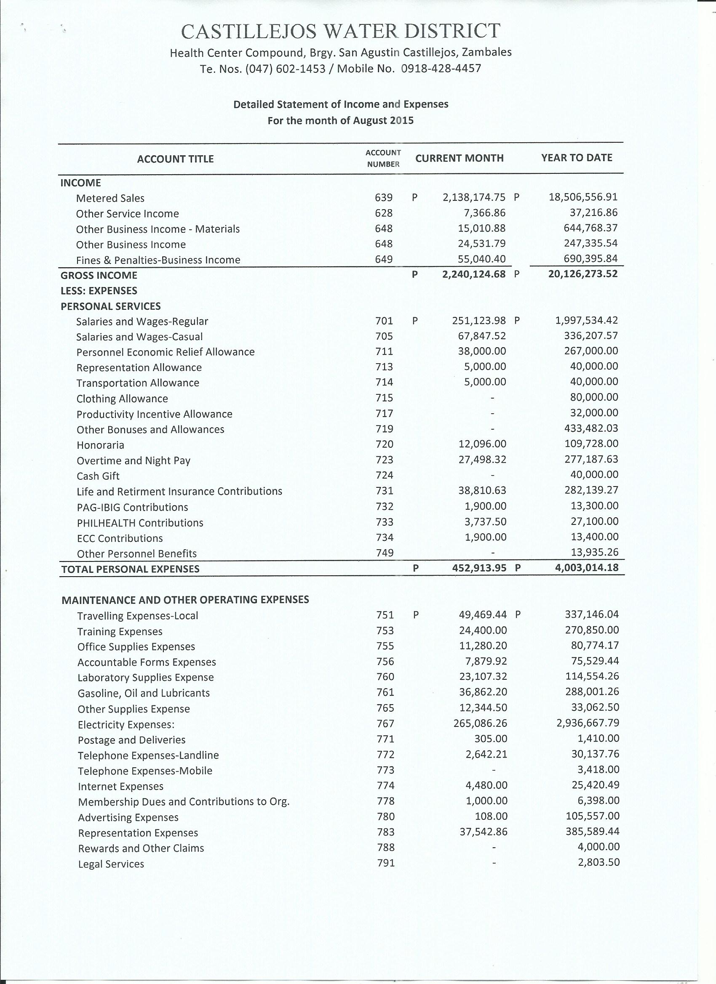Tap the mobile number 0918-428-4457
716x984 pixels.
[x=441, y=69]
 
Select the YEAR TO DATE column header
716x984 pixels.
[x=576, y=158]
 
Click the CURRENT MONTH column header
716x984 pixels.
[x=460, y=158]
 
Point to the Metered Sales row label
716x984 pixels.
[x=110, y=198]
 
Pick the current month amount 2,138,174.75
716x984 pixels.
[x=474, y=197]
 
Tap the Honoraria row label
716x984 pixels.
[x=100, y=445]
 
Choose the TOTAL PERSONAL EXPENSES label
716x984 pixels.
[x=130, y=569]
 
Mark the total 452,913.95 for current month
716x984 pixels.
[x=479, y=568]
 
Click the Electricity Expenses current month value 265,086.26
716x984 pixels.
[x=482, y=723]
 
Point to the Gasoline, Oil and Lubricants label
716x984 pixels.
[x=143, y=693]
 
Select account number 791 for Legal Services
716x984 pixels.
[x=385, y=863]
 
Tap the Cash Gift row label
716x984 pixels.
[x=98, y=476]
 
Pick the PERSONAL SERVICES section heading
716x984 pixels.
[x=110, y=306]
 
